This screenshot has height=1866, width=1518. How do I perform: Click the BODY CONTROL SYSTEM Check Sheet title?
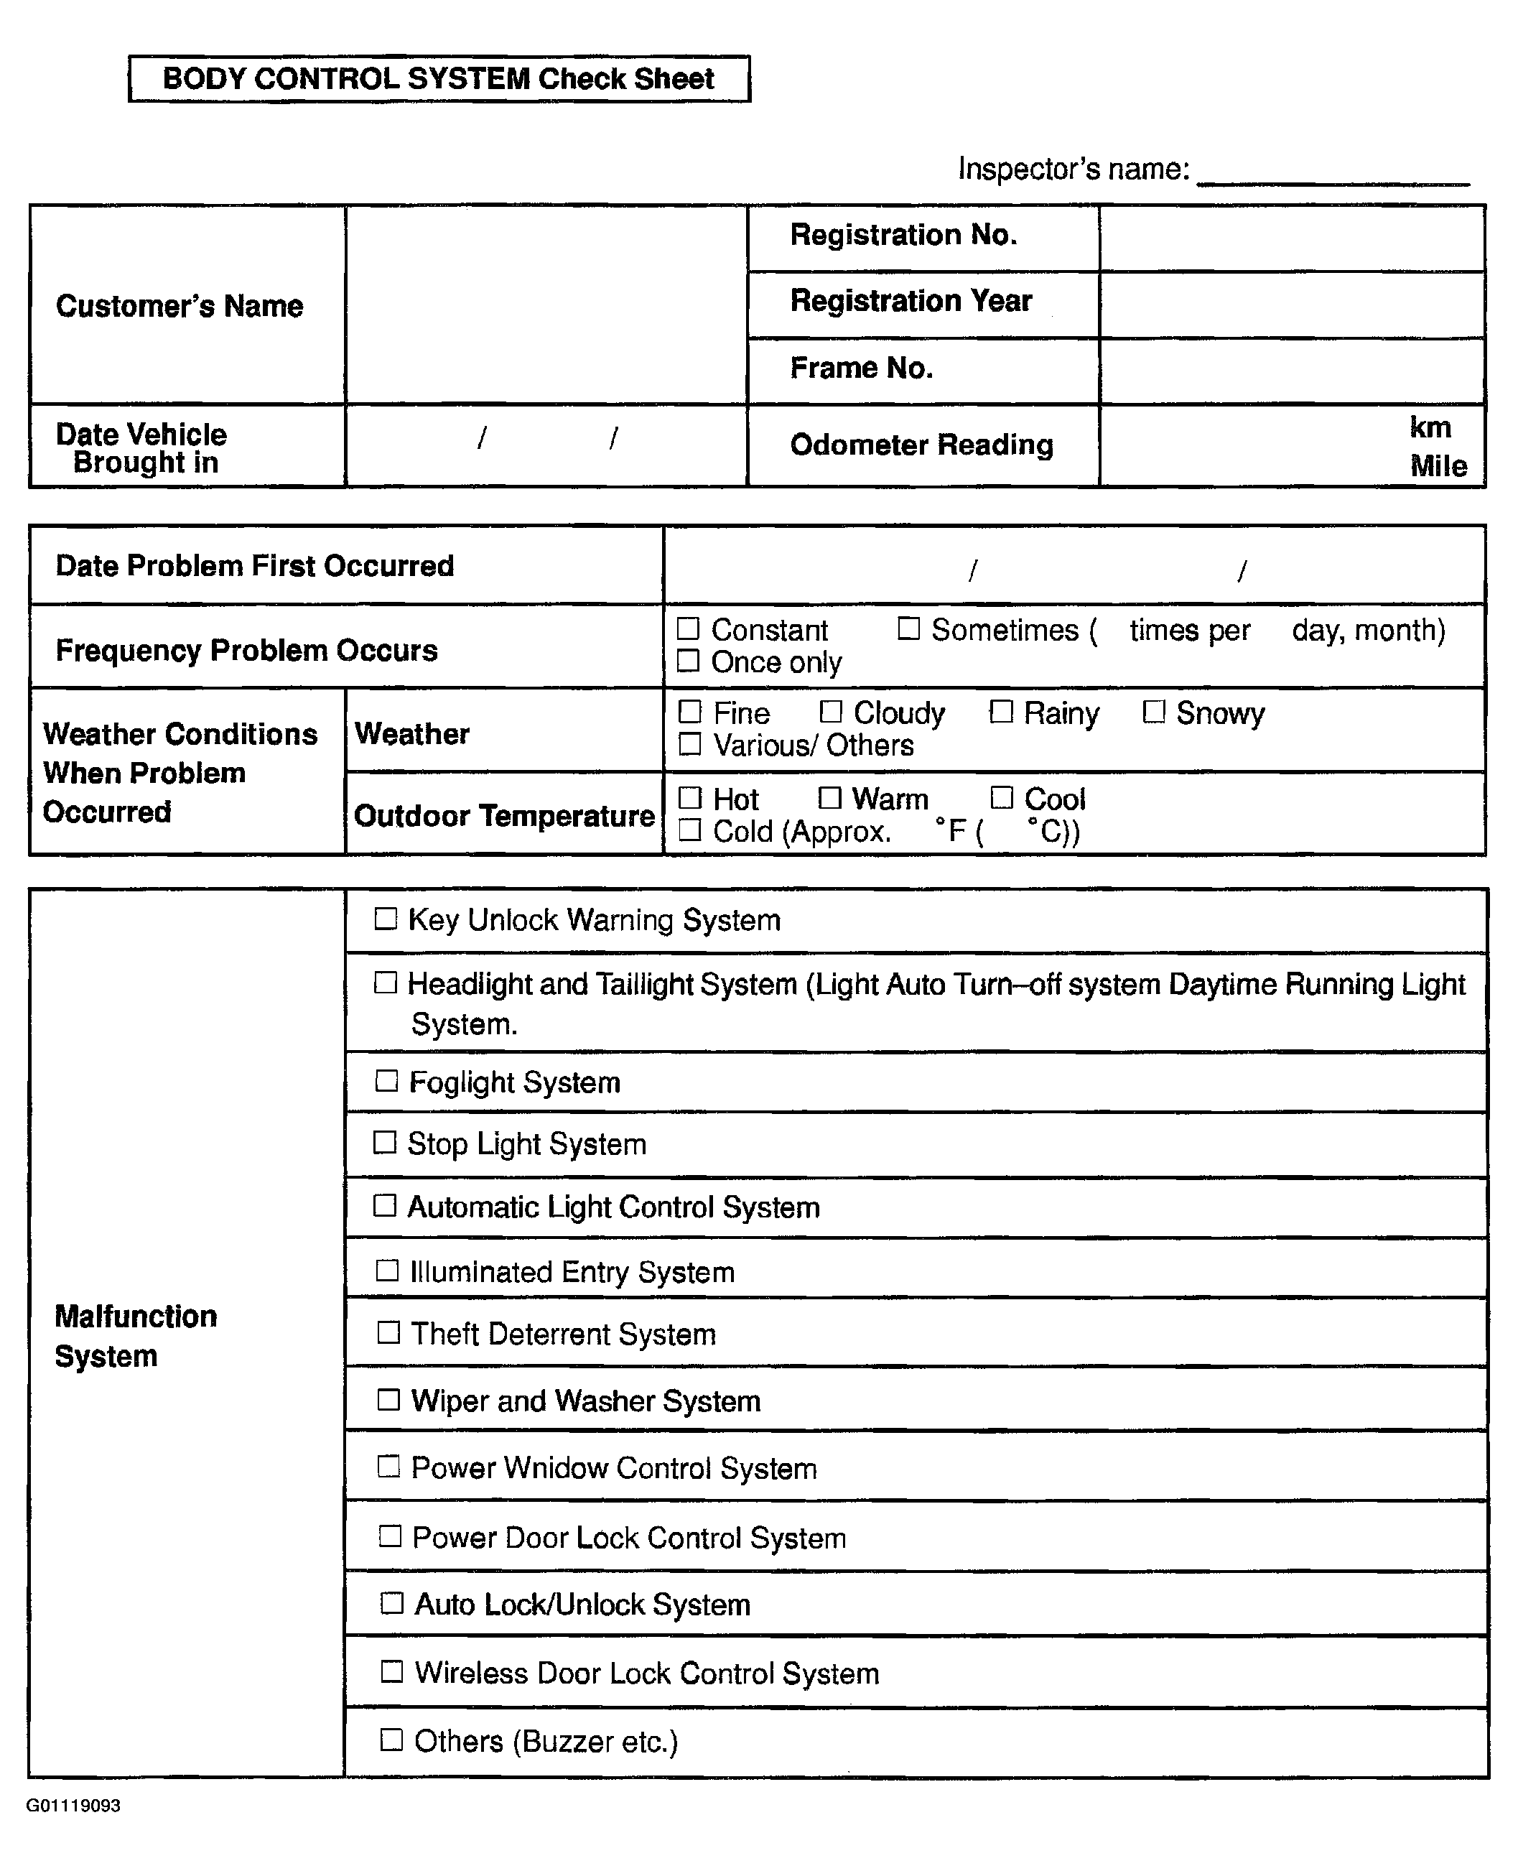click(x=438, y=79)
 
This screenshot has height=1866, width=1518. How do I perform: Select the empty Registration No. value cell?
click(x=1292, y=238)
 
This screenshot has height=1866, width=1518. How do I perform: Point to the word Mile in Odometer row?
click(x=1438, y=466)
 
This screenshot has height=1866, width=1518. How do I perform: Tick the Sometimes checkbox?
click(x=909, y=628)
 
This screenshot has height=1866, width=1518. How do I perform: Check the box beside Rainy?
click(x=1001, y=712)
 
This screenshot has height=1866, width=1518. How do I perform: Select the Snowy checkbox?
click(x=1154, y=712)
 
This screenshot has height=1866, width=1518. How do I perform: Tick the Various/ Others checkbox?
click(x=690, y=744)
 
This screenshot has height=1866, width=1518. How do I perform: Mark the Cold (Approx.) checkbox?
click(x=690, y=830)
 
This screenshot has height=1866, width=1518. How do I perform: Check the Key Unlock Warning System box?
click(x=386, y=918)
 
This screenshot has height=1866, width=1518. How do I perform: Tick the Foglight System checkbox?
click(x=386, y=1081)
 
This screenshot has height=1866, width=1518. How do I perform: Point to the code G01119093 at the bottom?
click(x=73, y=1806)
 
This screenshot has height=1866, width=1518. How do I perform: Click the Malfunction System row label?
click(x=136, y=1335)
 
